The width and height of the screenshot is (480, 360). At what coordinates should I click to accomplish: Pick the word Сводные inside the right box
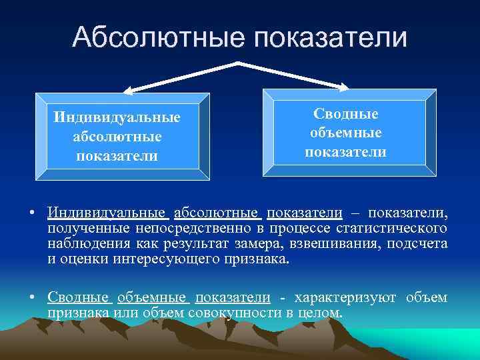pyautogui.click(x=345, y=114)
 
